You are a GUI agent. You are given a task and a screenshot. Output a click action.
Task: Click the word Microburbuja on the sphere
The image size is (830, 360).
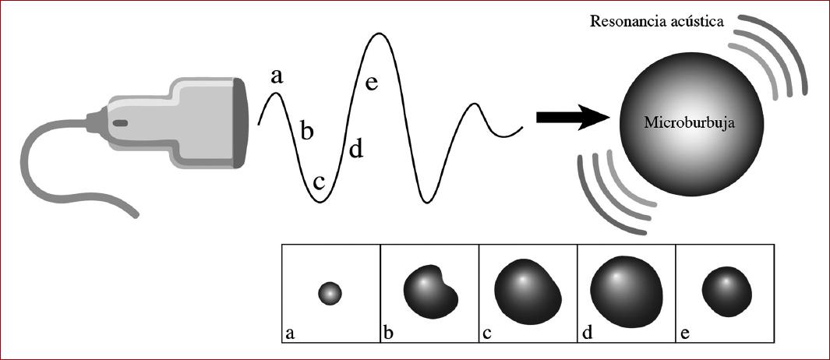(680, 123)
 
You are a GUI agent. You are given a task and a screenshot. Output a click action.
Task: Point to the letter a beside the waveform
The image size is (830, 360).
(277, 76)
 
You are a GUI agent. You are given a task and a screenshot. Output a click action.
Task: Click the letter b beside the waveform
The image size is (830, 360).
(307, 131)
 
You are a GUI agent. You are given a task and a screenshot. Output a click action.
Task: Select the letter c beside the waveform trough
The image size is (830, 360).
(319, 182)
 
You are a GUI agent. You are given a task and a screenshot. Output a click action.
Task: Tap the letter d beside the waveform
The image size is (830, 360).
(355, 147)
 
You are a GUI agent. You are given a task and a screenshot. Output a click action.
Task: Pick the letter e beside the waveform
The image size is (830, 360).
(372, 82)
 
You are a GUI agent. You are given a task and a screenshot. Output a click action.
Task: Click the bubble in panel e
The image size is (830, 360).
(726, 291)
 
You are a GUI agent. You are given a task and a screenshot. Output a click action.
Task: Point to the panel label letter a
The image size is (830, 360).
(290, 334)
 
